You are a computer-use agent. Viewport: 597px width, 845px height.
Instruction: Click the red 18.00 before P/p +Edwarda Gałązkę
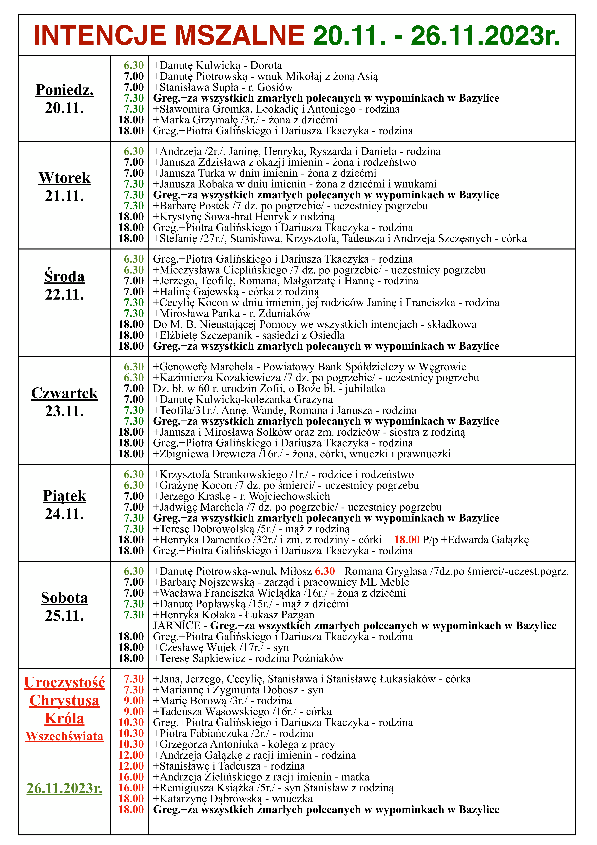click(x=407, y=540)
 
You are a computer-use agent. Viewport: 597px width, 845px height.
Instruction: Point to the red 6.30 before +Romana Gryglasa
click(x=325, y=571)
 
